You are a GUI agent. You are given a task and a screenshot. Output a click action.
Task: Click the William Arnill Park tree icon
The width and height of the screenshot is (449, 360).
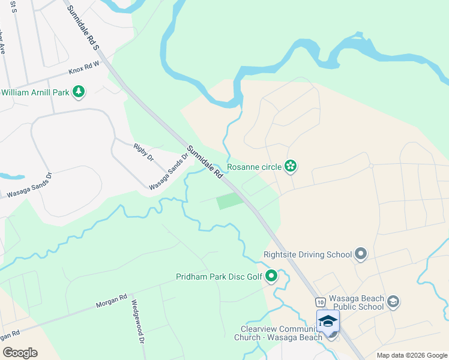[x=78, y=92]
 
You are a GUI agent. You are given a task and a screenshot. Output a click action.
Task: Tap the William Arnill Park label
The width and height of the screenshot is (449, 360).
[x=35, y=92]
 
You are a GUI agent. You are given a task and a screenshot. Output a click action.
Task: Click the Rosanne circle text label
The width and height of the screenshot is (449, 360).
[x=253, y=167]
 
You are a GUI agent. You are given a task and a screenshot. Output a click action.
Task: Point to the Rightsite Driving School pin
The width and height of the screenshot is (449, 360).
[x=361, y=254]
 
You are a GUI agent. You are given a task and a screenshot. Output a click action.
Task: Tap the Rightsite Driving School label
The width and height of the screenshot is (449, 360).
[x=307, y=254]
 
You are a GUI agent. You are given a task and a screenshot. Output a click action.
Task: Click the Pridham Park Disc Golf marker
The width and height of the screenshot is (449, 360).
[x=271, y=277]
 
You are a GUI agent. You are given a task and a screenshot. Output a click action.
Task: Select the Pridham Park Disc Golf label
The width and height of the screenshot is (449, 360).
[x=219, y=277]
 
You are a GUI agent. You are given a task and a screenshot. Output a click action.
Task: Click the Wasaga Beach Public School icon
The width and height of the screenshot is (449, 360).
[x=393, y=301]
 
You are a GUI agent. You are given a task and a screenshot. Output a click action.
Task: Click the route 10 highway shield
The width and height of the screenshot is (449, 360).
[x=319, y=301]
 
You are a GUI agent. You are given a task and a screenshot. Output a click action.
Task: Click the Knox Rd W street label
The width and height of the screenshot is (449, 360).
[x=83, y=70]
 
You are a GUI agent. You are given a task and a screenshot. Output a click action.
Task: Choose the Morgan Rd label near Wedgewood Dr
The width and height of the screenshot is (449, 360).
[x=112, y=301]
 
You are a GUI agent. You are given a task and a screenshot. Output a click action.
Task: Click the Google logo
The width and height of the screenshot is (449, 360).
[x=20, y=353]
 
